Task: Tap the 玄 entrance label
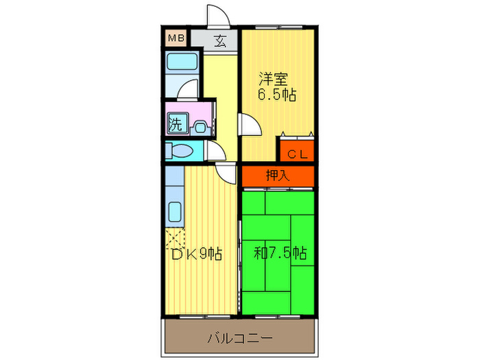[220, 40]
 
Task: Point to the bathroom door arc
[189, 90]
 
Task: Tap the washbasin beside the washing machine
[199, 126]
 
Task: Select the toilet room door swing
[214, 152]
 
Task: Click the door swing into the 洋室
[248, 125]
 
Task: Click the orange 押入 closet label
[278, 176]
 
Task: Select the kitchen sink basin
[174, 213]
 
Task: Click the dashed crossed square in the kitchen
[173, 240]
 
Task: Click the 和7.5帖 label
[280, 254]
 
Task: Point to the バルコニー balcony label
[240, 339]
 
